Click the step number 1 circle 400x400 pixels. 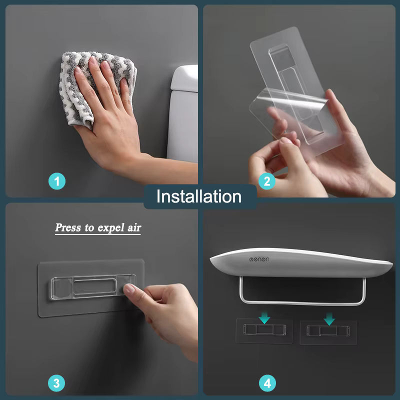pos(57,181)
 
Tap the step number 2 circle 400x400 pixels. pos(267,181)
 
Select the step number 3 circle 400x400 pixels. pos(56,383)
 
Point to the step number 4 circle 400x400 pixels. pos(267,383)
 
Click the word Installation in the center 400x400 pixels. pos(199,196)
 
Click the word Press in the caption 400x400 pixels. pos(68,227)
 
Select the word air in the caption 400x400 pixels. pos(134,227)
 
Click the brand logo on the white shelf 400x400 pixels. pos(259,259)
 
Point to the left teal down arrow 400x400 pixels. pos(264,318)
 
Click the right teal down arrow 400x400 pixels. pos(329,319)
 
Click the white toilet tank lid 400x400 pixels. pos(184,78)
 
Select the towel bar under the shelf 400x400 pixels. pos(302,303)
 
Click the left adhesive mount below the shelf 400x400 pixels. pos(264,330)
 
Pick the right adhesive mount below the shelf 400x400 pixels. pos(328,332)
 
